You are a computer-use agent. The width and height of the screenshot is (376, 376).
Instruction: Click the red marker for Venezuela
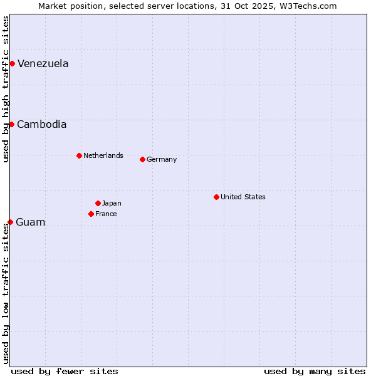pyautogui.click(x=12, y=63)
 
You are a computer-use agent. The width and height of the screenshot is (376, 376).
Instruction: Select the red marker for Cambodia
pyautogui.click(x=11, y=124)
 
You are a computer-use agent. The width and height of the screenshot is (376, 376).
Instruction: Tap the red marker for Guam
pyautogui.click(x=10, y=222)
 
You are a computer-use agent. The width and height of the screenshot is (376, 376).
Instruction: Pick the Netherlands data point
pyautogui.click(x=79, y=155)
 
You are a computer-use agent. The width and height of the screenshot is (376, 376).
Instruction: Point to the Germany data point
pyautogui.click(x=142, y=159)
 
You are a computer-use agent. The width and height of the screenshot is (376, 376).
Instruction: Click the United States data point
pyautogui.click(x=216, y=197)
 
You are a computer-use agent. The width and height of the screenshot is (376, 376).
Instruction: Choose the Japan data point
pyautogui.click(x=98, y=203)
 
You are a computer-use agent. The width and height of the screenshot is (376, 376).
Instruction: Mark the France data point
pyautogui.click(x=91, y=214)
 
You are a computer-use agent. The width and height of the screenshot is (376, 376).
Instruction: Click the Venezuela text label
pyautogui.click(x=43, y=63)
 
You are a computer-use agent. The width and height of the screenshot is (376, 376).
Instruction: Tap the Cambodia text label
pyautogui.click(x=41, y=124)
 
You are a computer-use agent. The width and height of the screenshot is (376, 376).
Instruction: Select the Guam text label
pyautogui.click(x=30, y=222)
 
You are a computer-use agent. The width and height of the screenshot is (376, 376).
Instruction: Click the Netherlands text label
pyautogui.click(x=103, y=155)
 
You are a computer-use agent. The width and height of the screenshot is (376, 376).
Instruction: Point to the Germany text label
pyautogui.click(x=162, y=159)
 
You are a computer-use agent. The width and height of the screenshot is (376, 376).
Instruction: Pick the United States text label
pyautogui.click(x=243, y=197)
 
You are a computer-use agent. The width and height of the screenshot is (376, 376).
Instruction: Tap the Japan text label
pyautogui.click(x=112, y=203)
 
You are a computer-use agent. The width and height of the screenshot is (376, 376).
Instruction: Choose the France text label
pyautogui.click(x=106, y=214)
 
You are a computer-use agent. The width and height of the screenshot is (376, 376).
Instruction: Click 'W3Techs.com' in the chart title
pyautogui.click(x=308, y=6)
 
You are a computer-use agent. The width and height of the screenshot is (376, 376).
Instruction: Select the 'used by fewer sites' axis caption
pyautogui.click(x=65, y=371)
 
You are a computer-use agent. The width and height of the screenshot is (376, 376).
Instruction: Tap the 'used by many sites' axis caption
pyautogui.click(x=315, y=371)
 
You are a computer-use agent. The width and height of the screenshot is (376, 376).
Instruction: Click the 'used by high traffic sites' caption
pyautogui.click(x=6, y=89)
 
